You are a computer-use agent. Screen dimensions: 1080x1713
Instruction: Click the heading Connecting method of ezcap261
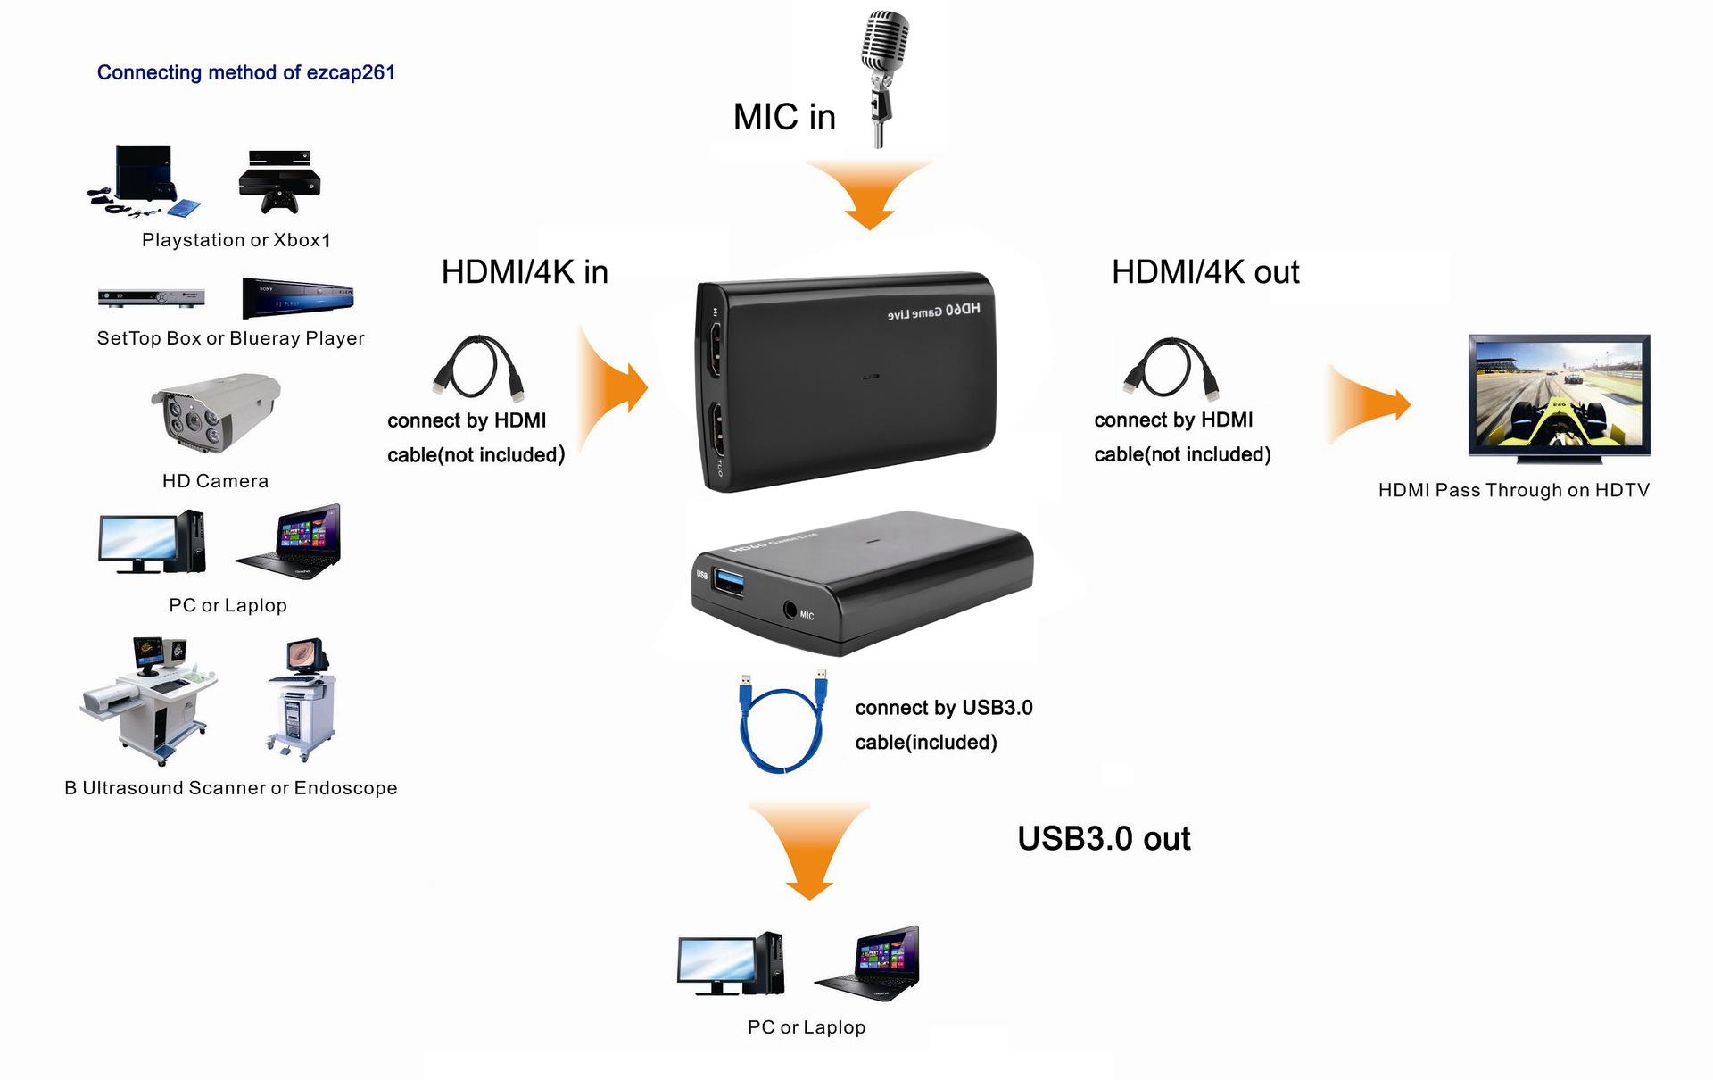(x=245, y=72)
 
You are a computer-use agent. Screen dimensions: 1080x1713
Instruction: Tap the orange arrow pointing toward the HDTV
(x=1370, y=404)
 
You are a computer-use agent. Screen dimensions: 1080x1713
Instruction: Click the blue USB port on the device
(x=730, y=580)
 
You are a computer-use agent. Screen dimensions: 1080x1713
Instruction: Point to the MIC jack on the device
(x=790, y=611)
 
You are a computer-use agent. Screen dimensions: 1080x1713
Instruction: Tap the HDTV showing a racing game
(x=1559, y=397)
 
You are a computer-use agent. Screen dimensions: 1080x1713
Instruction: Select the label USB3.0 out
(x=1104, y=839)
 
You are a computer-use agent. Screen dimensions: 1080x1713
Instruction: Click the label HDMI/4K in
(x=525, y=272)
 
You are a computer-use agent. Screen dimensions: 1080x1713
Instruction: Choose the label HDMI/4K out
(x=1205, y=272)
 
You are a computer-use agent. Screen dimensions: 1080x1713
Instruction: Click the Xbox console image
(x=279, y=181)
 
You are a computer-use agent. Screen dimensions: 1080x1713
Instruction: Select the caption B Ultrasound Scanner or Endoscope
(x=231, y=788)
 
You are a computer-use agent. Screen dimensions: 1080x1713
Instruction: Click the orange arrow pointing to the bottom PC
(x=809, y=848)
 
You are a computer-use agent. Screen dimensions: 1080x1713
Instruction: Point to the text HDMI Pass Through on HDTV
(x=1513, y=490)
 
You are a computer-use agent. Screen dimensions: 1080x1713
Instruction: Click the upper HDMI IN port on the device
(x=715, y=352)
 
